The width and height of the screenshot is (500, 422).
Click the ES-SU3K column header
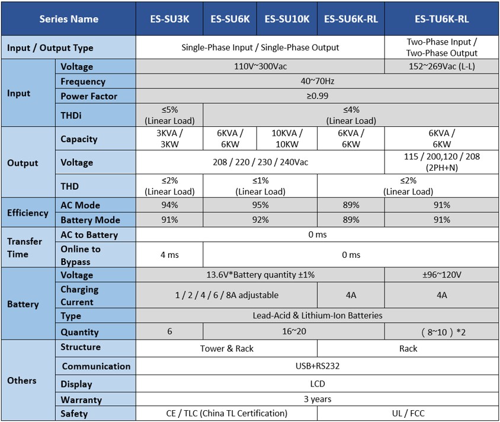point(170,19)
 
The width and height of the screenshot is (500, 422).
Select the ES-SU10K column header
point(287,19)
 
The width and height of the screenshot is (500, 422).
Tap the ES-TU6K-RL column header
point(441,19)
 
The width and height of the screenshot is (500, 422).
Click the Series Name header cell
point(69,19)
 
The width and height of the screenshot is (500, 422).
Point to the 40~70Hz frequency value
point(317,81)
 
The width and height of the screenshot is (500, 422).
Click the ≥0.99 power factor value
point(317,96)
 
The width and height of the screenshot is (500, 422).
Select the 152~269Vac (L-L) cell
point(441,66)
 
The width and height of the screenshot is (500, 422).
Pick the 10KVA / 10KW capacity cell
point(287,139)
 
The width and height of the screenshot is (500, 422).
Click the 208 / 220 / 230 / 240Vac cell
point(260,162)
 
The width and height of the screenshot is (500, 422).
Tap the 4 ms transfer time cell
point(170,255)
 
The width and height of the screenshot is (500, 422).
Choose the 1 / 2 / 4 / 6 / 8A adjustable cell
point(227,295)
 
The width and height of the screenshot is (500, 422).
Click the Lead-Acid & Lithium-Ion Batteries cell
point(317,315)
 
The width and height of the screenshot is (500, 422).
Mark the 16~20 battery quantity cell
point(294,331)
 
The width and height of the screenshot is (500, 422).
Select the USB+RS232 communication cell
point(317,366)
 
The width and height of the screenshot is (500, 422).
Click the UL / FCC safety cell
point(408,413)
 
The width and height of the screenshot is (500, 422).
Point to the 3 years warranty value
point(317,399)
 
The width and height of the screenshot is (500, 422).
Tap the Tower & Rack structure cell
point(227,349)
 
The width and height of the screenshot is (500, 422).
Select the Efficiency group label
point(28,213)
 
